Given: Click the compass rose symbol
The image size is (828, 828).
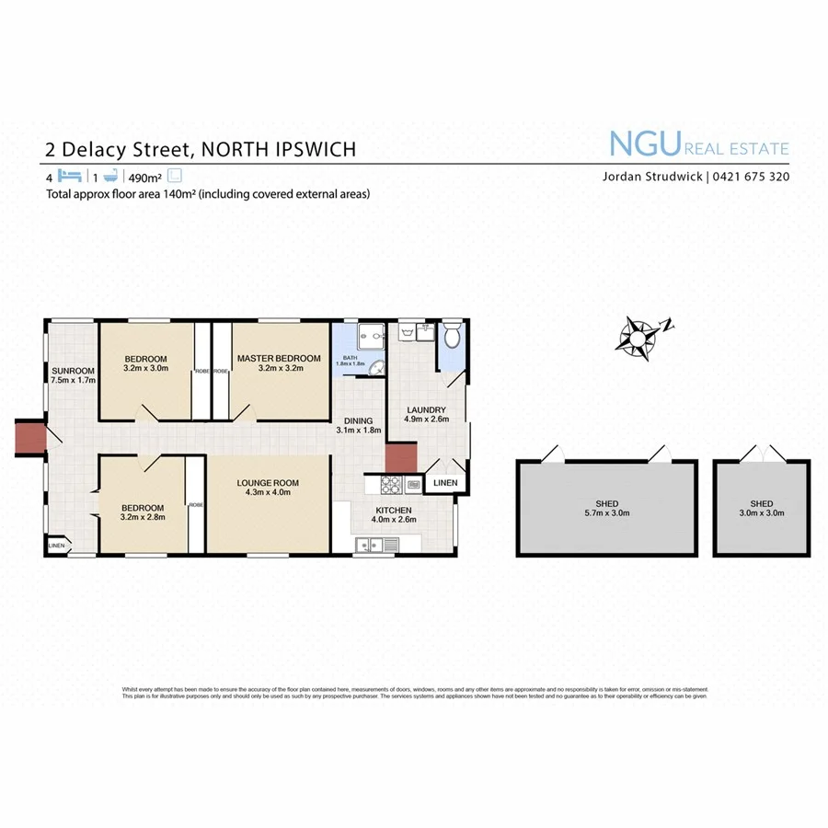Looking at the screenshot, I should coord(637,335).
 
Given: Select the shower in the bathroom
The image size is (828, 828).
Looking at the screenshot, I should coord(371,337).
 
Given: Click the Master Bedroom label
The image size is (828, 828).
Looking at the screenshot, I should coord(279,358).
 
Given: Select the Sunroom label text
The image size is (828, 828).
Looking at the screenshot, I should coord(74,371).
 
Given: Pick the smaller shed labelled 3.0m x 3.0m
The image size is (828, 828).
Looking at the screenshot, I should coord(761,513).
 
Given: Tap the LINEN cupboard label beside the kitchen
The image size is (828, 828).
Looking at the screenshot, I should coord(445,483).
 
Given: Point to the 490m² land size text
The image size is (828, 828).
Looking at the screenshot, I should coord(144,178).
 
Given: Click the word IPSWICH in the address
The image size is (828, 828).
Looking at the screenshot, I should coord(313,149).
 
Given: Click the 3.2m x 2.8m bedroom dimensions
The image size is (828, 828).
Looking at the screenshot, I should coord(143,518).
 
